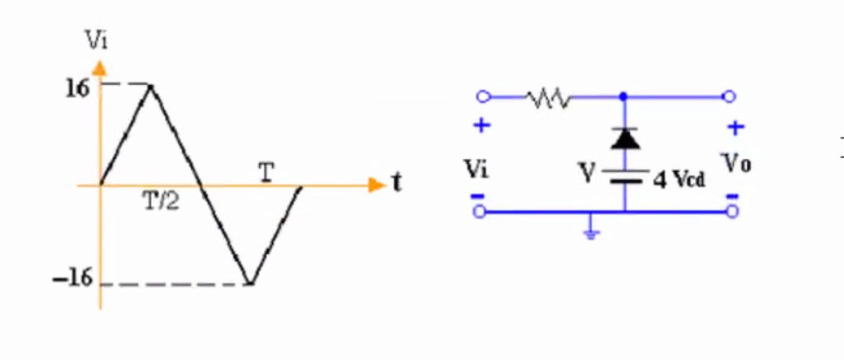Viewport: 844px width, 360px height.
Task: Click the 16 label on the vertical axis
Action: pyautogui.click(x=77, y=87)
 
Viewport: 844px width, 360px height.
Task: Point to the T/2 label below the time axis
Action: pyautogui.click(x=161, y=203)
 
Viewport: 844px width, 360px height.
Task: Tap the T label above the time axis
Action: pyautogui.click(x=267, y=171)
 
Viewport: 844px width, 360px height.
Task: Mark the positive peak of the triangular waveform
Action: pyautogui.click(x=150, y=85)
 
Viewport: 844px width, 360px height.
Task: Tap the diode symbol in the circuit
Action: pyautogui.click(x=625, y=138)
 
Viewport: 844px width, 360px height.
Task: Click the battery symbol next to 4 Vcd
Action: pyautogui.click(x=625, y=174)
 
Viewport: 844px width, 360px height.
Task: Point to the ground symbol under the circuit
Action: pyautogui.click(x=591, y=231)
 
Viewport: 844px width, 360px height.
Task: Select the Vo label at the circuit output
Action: pyautogui.click(x=737, y=162)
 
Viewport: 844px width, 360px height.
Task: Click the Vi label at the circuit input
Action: pyautogui.click(x=476, y=169)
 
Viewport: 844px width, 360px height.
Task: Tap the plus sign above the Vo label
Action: pyautogui.click(x=736, y=128)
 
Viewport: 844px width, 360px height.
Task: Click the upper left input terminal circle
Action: pyautogui.click(x=484, y=97)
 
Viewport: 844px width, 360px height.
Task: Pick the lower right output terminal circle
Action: pyautogui.click(x=730, y=213)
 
